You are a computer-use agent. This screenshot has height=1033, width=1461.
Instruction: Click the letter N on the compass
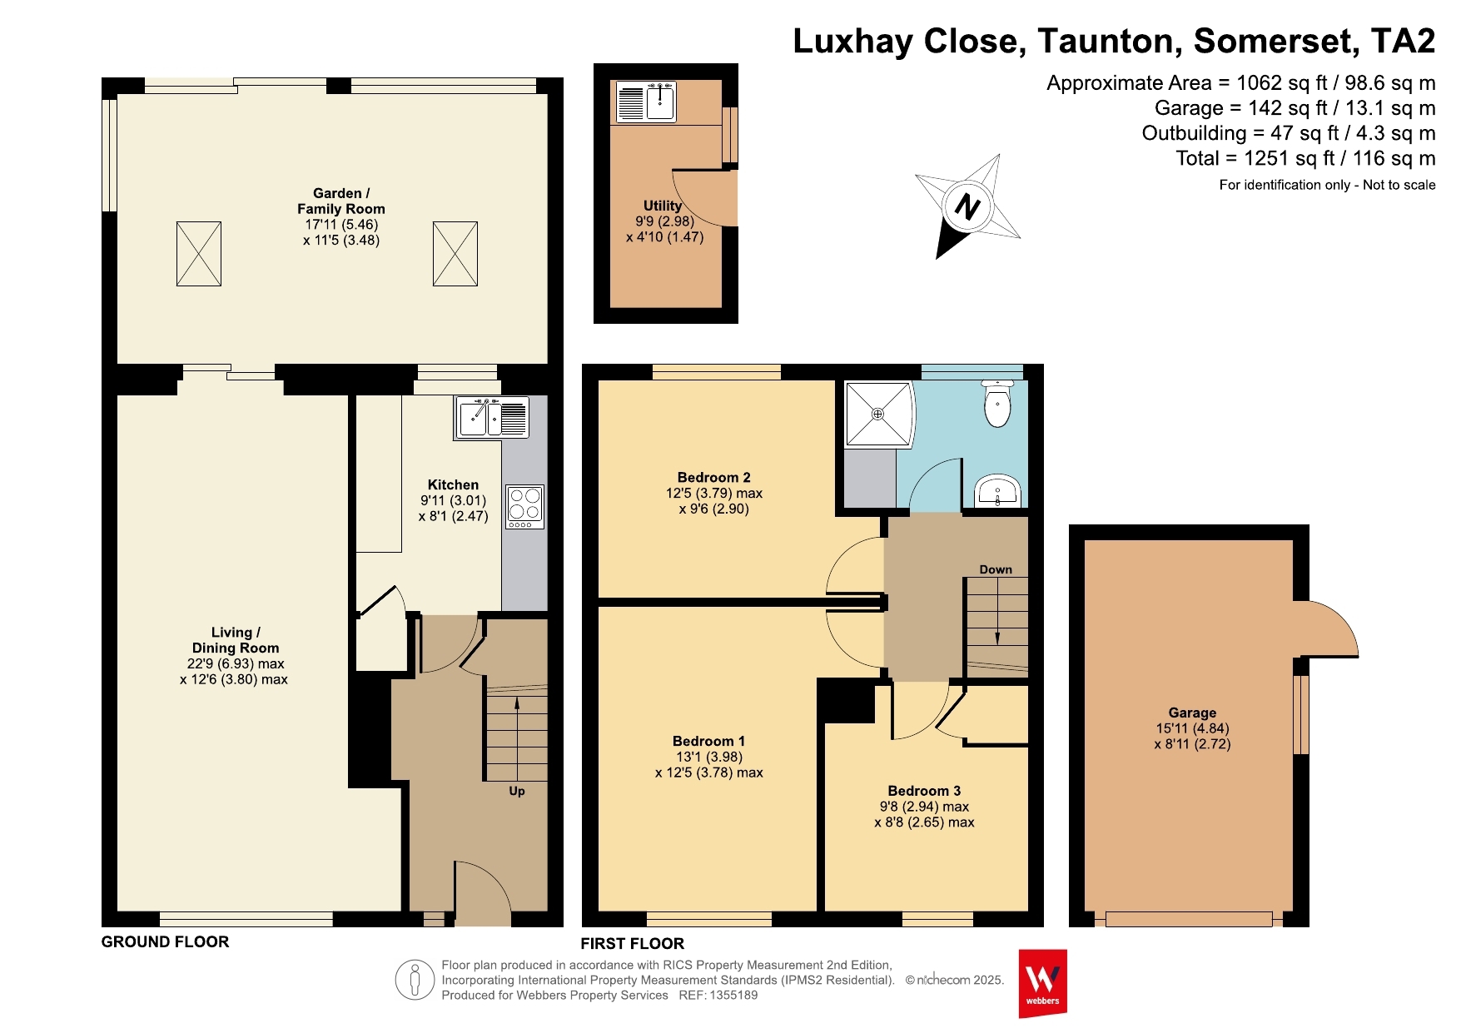[967, 206]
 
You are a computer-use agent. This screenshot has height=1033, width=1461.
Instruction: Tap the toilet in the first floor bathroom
[997, 403]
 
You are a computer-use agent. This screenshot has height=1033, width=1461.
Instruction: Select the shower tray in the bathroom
[879, 414]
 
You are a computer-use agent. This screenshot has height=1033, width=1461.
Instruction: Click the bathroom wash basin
[997, 491]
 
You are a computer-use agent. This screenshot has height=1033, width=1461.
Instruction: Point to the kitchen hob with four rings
[524, 506]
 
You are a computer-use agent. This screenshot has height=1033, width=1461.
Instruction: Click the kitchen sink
[492, 417]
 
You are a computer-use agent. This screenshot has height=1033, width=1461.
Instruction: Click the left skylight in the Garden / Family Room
[199, 254]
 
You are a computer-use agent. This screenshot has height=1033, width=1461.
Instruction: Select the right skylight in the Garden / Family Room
[455, 254]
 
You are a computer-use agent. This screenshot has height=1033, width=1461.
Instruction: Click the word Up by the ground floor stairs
[517, 791]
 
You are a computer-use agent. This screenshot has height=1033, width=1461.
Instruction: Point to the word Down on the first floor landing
[996, 569]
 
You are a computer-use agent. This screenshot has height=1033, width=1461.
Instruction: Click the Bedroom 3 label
[924, 791]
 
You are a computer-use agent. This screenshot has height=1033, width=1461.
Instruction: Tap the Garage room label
[1192, 713]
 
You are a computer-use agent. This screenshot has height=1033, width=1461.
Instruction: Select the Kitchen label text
[453, 484]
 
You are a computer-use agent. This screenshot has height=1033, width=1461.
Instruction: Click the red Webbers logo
[1042, 983]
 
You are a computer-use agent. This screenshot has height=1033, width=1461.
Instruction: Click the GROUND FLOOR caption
[165, 941]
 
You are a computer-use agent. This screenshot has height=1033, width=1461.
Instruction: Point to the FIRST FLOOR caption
[633, 943]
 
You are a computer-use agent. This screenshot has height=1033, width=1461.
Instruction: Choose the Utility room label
[663, 206]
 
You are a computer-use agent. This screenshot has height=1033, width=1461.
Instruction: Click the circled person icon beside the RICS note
[415, 980]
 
